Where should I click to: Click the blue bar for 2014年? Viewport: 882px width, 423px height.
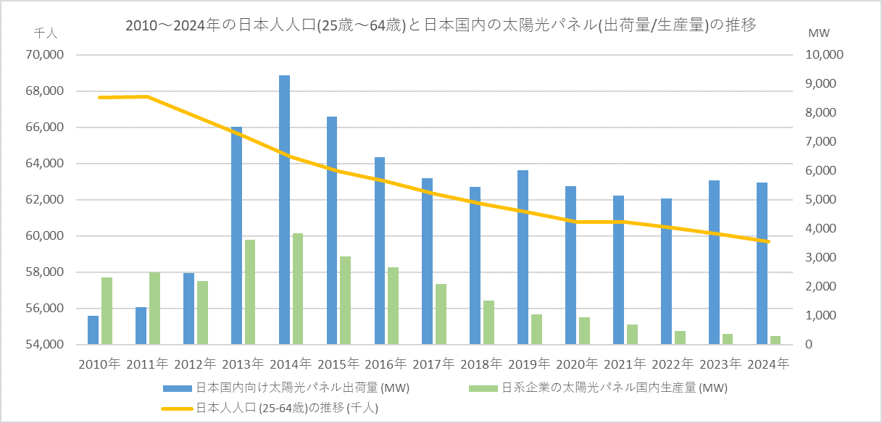coord(284,210)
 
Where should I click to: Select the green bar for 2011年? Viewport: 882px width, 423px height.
coord(154,309)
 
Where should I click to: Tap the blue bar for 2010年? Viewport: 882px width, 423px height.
coord(93,330)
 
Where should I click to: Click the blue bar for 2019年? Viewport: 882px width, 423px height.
coord(523,257)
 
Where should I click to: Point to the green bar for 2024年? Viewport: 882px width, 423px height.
coord(775,340)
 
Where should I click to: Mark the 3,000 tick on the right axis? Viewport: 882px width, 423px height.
coord(816,258)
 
